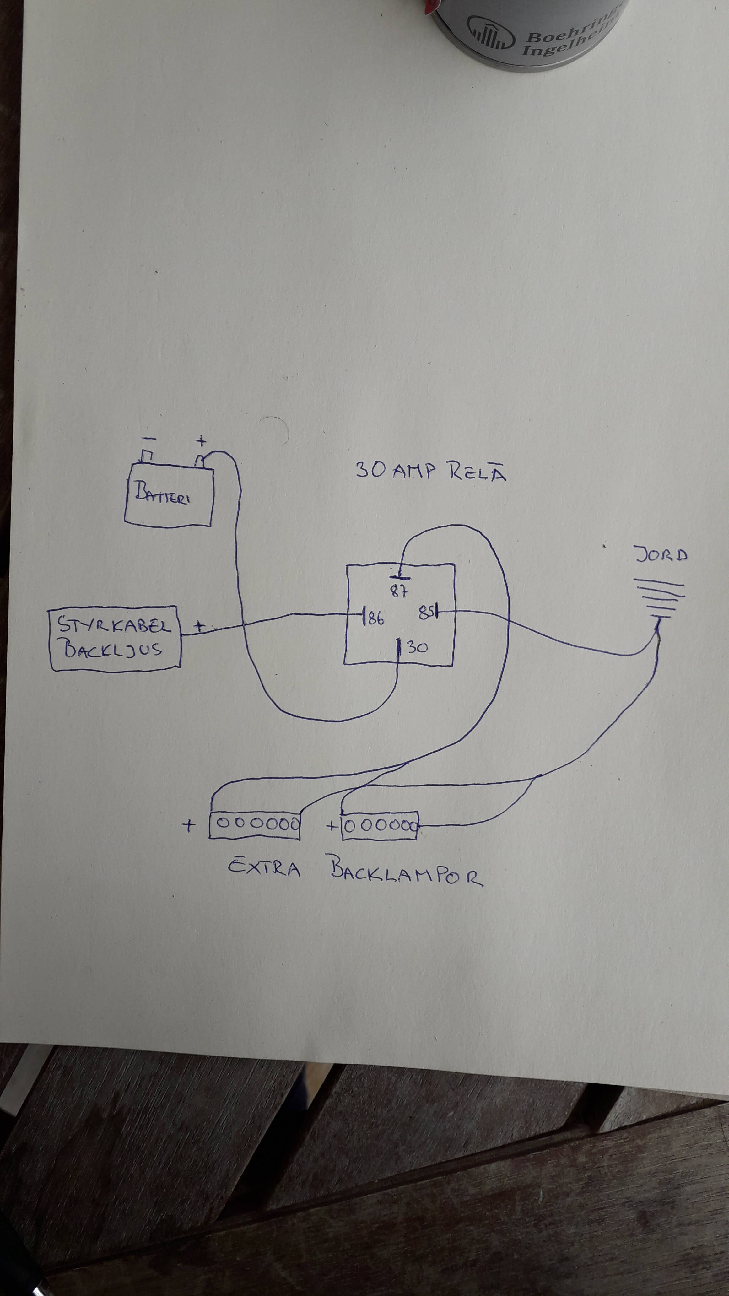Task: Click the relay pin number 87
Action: [399, 591]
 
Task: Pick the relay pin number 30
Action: [417, 647]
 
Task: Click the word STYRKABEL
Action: [114, 625]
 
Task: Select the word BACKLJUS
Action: [112, 650]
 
